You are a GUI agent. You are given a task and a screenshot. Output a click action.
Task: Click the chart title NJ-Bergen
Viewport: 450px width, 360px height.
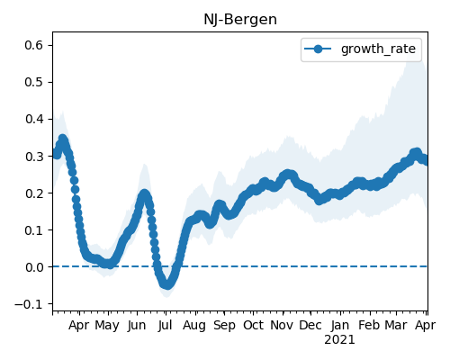click(x=240, y=20)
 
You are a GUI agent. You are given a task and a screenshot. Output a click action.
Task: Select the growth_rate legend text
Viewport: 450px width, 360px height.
click(x=378, y=49)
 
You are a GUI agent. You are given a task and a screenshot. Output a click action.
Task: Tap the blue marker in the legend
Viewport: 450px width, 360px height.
click(x=318, y=49)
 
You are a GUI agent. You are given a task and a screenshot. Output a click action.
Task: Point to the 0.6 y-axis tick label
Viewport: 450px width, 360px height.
click(x=34, y=45)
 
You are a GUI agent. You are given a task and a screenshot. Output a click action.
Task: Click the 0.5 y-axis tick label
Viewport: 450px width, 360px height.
click(x=34, y=82)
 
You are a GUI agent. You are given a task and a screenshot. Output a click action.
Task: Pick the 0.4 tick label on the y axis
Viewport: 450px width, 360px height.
click(x=34, y=119)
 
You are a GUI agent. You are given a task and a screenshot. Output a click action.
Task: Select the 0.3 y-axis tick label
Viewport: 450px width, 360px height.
click(x=34, y=157)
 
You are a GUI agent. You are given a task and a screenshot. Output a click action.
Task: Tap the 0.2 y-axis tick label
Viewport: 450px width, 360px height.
click(x=34, y=193)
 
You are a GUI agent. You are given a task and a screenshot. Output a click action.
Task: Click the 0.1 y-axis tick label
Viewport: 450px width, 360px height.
click(x=34, y=230)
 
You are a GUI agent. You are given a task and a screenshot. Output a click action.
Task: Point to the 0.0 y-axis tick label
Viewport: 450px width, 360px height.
click(x=34, y=267)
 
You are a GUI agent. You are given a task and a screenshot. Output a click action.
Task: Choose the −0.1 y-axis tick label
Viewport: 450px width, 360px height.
click(x=29, y=304)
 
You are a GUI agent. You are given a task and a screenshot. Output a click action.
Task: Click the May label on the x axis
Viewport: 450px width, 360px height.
click(x=107, y=325)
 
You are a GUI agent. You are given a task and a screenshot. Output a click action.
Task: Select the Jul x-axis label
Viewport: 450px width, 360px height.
click(x=166, y=325)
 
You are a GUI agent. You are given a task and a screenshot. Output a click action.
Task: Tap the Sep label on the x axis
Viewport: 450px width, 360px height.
click(x=224, y=325)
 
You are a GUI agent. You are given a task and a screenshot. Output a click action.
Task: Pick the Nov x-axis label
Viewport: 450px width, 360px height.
click(x=282, y=325)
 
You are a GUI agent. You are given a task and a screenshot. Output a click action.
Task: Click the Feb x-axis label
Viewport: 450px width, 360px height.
click(x=369, y=325)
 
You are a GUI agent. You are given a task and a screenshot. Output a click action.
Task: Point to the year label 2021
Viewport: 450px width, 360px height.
click(x=339, y=340)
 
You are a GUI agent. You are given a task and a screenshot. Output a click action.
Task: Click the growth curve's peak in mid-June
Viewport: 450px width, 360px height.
click(x=144, y=194)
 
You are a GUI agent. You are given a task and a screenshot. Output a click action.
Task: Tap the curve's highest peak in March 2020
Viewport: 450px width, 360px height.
click(x=62, y=139)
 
